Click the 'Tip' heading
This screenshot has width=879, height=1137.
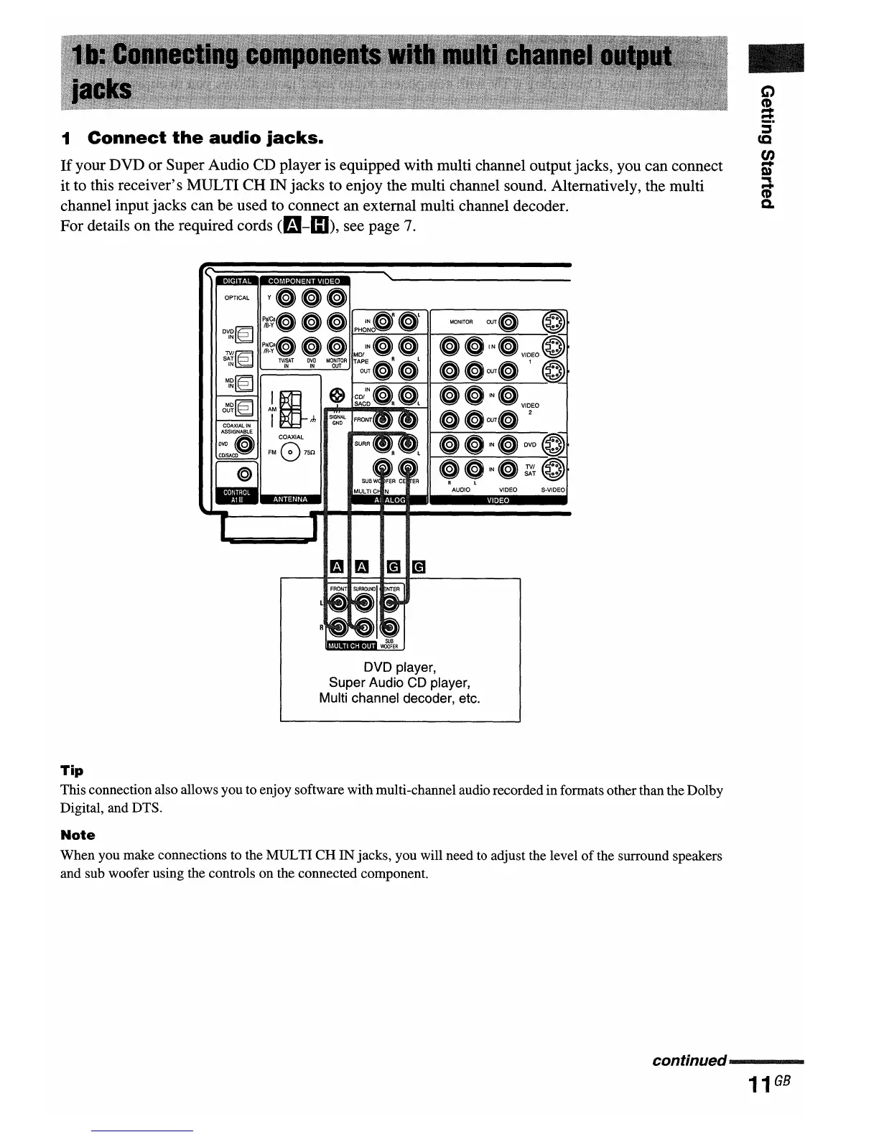tap(72, 770)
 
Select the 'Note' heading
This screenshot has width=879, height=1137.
tap(78, 835)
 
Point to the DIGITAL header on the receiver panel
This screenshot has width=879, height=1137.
tap(236, 281)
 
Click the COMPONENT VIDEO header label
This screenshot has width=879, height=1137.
tap(304, 281)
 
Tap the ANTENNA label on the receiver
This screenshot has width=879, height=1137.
tap(290, 499)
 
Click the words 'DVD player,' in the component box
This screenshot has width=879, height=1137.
tap(400, 668)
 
